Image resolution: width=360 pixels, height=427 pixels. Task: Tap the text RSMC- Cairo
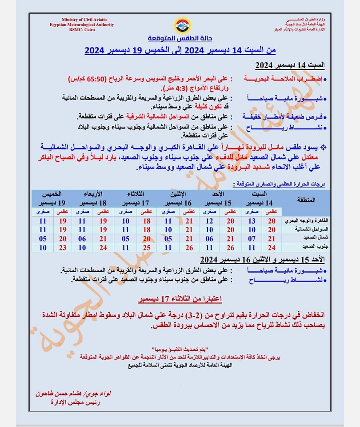[82, 30]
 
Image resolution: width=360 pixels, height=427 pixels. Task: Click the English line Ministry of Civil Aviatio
[82, 20]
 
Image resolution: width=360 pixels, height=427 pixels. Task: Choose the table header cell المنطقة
[306, 200]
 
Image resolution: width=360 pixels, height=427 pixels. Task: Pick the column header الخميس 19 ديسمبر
[52, 198]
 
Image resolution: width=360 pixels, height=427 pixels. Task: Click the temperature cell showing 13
[252, 221]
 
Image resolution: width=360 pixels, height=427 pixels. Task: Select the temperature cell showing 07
[252, 238]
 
